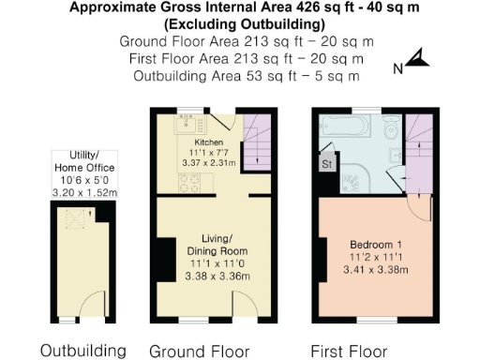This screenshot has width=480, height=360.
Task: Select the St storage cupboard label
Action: click(327, 165)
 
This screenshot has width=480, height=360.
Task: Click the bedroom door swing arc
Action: click(421, 210)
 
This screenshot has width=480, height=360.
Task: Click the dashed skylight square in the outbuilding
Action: click(70, 219)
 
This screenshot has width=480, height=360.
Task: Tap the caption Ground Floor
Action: click(200, 351)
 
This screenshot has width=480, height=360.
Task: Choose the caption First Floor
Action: click(350, 351)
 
